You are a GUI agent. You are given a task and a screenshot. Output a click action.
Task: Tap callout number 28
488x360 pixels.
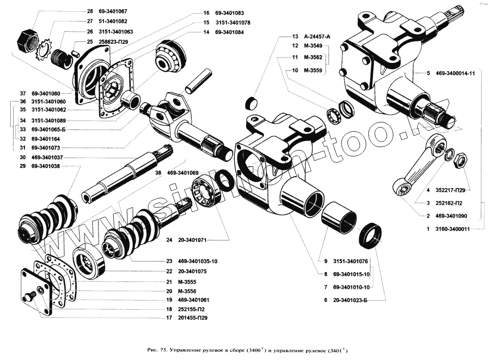click(89, 11)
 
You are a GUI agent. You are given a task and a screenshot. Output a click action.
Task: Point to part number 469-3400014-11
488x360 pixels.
click(451, 74)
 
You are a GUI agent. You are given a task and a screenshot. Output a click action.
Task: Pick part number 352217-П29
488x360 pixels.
click(449, 190)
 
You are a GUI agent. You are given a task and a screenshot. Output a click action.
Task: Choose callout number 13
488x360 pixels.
click(294, 37)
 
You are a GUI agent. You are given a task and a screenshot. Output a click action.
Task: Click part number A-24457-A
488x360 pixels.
click(317, 37)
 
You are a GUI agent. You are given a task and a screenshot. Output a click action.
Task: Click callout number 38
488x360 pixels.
click(158, 173)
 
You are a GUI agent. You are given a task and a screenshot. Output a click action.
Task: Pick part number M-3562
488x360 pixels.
click(312, 58)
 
